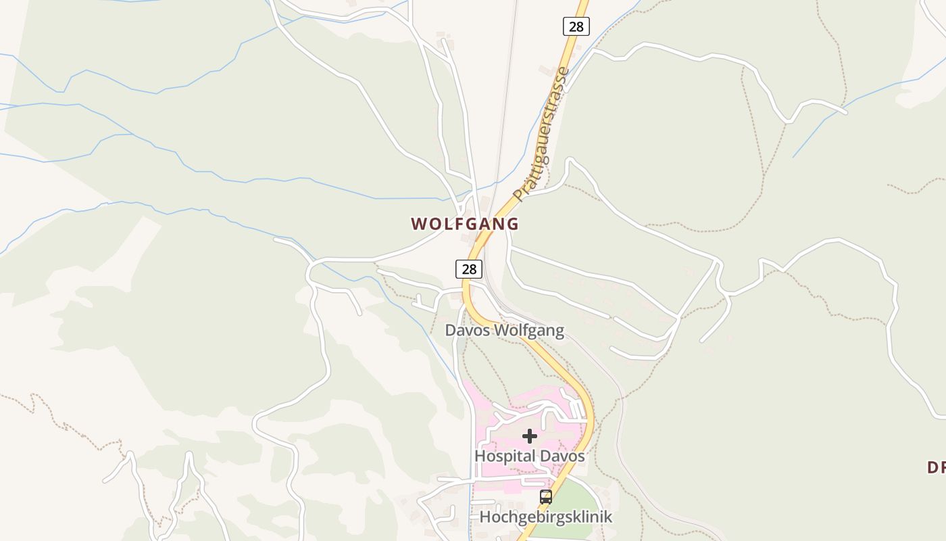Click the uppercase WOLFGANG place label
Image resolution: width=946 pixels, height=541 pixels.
(x=465, y=224)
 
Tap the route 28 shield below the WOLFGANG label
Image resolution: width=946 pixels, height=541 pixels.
(x=468, y=268)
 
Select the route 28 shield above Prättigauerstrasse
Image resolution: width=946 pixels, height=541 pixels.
(x=576, y=26)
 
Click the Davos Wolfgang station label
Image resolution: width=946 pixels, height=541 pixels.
(x=504, y=331)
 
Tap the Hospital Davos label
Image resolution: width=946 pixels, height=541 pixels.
(x=529, y=456)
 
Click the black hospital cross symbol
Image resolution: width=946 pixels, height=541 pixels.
(x=530, y=436)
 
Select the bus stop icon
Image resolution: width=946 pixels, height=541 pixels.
(x=546, y=497)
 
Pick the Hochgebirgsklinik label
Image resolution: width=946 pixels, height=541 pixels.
(x=545, y=517)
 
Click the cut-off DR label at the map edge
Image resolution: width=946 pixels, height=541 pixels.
(x=935, y=467)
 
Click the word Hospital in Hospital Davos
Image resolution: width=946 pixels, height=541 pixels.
(x=501, y=456)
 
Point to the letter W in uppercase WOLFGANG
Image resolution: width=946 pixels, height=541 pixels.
(x=419, y=224)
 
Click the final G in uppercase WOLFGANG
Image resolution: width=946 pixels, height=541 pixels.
(x=512, y=224)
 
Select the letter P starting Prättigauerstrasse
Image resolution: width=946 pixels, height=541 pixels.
(x=518, y=194)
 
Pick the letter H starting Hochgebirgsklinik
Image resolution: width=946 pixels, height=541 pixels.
(x=485, y=517)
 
